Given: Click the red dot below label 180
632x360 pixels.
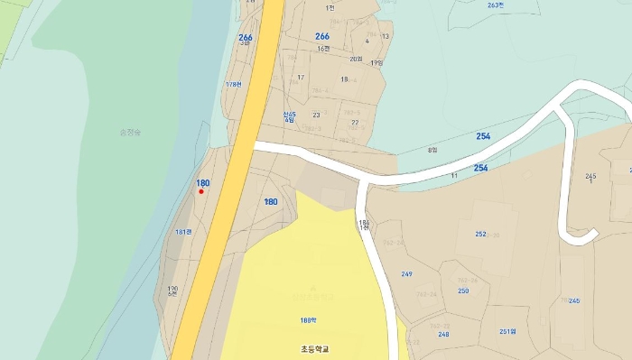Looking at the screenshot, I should (x=201, y=191).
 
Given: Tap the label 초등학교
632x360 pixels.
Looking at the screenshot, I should (x=315, y=348).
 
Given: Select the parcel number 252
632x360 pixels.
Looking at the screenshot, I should (x=480, y=234).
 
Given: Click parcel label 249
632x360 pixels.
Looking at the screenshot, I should (x=406, y=273).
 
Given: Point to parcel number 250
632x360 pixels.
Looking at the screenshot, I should (x=463, y=291).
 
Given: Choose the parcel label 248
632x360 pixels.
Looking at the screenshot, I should (x=443, y=334).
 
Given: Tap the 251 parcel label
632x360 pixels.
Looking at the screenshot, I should (x=507, y=331).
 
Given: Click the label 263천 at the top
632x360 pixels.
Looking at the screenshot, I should (x=495, y=5).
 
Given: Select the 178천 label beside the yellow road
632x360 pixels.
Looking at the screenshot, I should (x=234, y=85).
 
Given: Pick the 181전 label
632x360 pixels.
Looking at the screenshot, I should (x=183, y=232).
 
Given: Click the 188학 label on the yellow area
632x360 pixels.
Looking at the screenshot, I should (x=309, y=320).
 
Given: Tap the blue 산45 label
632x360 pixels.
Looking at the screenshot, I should (x=289, y=115).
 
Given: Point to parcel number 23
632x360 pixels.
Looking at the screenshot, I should (x=316, y=115).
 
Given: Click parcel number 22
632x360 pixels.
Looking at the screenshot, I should (x=355, y=122).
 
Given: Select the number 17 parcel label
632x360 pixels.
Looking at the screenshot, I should (x=302, y=78).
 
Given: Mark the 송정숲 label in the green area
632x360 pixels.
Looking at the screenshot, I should (x=131, y=133).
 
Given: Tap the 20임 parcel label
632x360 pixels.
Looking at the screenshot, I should (x=356, y=59).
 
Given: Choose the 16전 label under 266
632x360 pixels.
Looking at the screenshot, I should (x=323, y=49).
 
